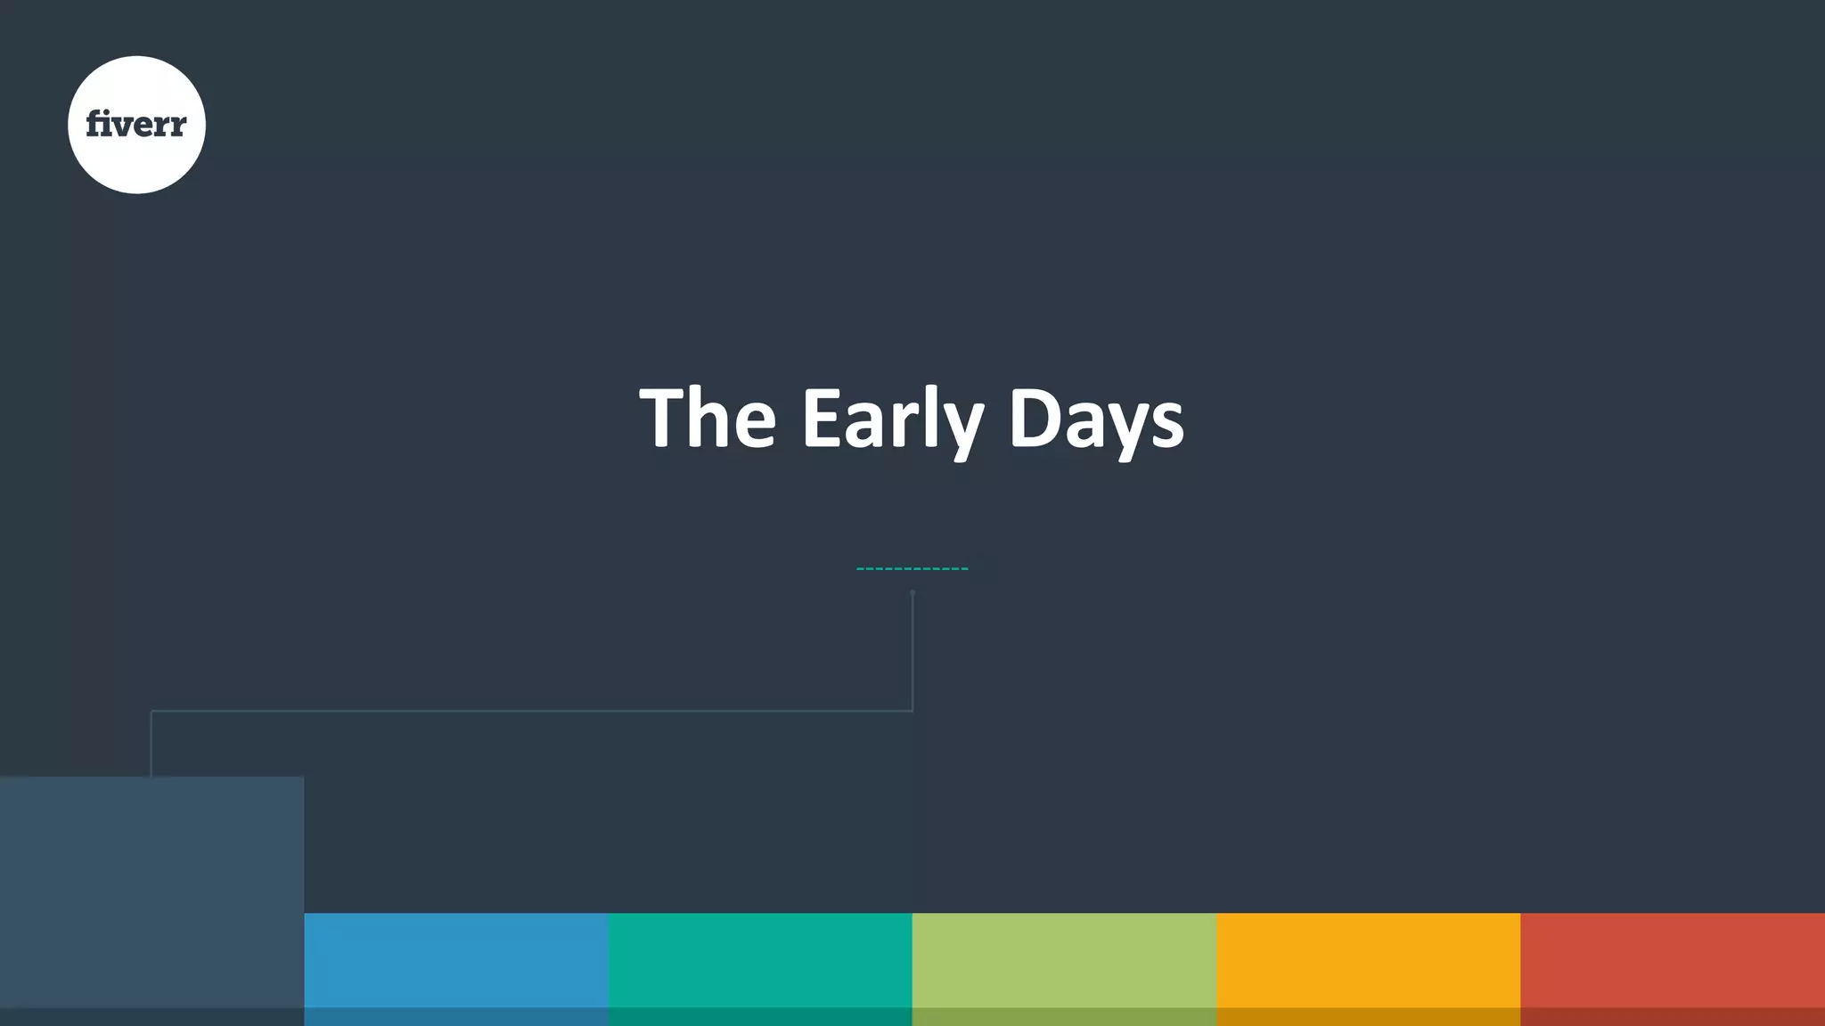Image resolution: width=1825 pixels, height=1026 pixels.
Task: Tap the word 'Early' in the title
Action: (892, 418)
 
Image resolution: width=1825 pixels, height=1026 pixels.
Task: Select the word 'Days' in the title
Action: (1096, 418)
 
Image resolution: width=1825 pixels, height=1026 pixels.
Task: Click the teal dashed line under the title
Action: (912, 568)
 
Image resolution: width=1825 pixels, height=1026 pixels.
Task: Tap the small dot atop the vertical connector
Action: (912, 592)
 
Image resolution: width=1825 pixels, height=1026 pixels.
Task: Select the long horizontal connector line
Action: (535, 711)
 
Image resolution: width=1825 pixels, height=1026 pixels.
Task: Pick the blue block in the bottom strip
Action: (456, 962)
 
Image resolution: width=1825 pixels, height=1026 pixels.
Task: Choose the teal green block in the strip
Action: (760, 962)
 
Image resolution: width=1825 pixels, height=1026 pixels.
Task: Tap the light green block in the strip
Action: (1065, 962)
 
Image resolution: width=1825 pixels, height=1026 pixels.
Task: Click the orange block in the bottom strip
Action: (1369, 962)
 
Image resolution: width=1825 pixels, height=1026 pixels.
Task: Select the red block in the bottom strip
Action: (1673, 962)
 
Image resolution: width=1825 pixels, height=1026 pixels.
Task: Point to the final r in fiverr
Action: (177, 126)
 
